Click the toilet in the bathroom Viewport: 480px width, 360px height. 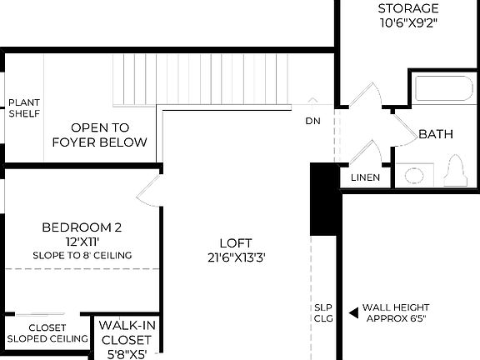point(454,172)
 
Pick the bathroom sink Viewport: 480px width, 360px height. point(414,175)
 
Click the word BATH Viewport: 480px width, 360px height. point(435,134)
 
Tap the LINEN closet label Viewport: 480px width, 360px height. point(365,178)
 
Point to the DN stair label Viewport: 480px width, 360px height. point(312,121)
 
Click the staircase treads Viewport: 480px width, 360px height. point(200,79)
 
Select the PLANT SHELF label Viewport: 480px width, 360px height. point(24,108)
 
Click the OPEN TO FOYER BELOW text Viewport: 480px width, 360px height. point(100,135)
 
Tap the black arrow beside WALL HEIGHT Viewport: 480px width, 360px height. point(353,312)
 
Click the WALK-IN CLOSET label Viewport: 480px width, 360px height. point(126,333)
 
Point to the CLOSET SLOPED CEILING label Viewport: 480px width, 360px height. point(47,333)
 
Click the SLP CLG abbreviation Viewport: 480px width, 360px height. point(324,312)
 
